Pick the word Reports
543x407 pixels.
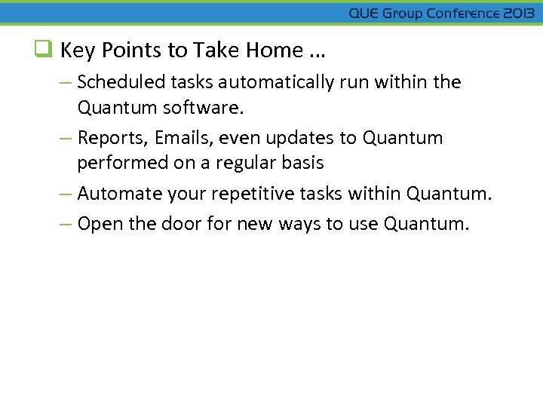tap(109, 139)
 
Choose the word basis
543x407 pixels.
tap(304, 163)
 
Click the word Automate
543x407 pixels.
tap(114, 194)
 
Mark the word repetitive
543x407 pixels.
tap(253, 194)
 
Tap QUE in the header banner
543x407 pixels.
tap(364, 14)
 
